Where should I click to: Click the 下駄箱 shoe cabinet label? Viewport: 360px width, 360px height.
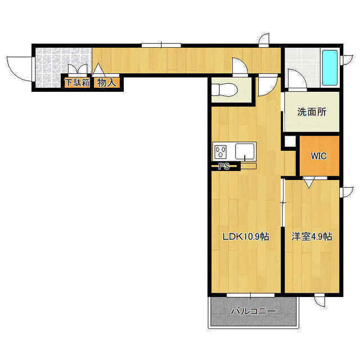[x=78, y=83]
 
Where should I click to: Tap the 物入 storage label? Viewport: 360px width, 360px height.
[x=106, y=83]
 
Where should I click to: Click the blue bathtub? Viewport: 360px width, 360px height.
[x=330, y=67]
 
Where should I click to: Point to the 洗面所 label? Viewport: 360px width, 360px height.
[x=312, y=112]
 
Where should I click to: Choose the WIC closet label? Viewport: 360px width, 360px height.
[x=319, y=156]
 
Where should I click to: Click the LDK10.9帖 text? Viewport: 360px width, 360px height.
[x=246, y=236]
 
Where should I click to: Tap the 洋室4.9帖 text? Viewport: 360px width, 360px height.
[x=312, y=236]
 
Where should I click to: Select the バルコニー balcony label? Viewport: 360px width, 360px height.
[x=254, y=312]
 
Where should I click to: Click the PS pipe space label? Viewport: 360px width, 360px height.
[x=224, y=166]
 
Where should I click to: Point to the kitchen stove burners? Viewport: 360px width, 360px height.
[x=220, y=152]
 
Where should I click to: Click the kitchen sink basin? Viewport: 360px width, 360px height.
[x=245, y=151]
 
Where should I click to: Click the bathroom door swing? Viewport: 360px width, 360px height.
[x=298, y=78]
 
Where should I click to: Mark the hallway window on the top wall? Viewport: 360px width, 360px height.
[x=161, y=45]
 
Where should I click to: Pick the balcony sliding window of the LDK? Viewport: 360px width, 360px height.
[x=250, y=295]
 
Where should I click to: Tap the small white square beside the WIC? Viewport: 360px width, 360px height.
[x=290, y=141]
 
